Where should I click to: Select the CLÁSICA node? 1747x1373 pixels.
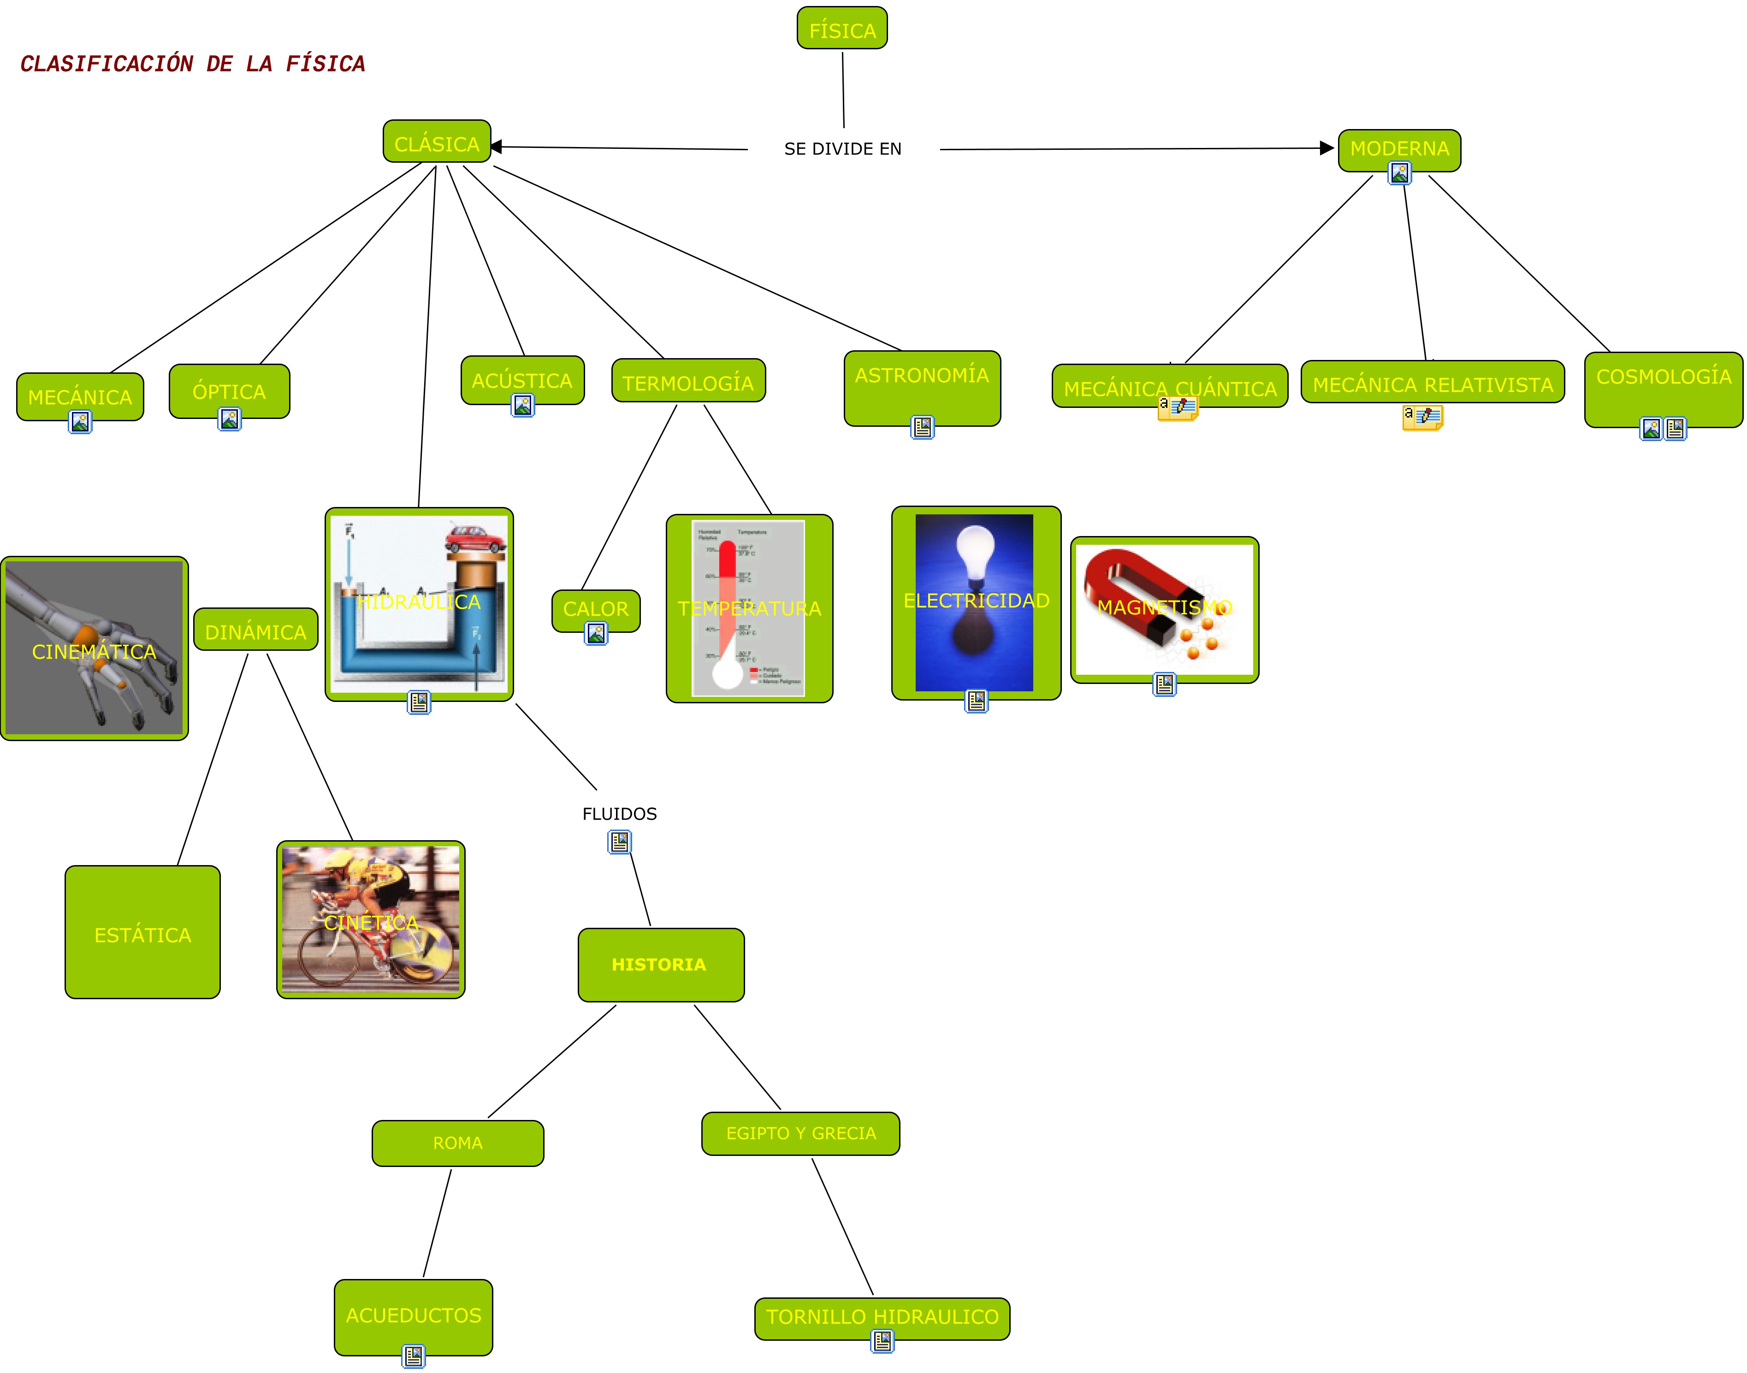pyautogui.click(x=437, y=143)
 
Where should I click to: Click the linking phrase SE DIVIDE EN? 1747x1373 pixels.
pyautogui.click(x=842, y=149)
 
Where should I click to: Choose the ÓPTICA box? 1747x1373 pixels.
pyautogui.click(x=229, y=391)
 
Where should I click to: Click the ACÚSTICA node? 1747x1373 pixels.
pyautogui.click(x=522, y=380)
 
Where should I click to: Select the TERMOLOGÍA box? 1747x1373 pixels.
pyautogui.click(x=688, y=383)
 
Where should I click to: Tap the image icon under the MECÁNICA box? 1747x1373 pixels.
pyautogui.click(x=80, y=421)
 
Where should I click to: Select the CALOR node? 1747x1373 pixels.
pyautogui.click(x=596, y=608)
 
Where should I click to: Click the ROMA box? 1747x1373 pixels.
pyautogui.click(x=457, y=1142)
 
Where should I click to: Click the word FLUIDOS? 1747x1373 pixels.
pyautogui.click(x=619, y=813)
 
